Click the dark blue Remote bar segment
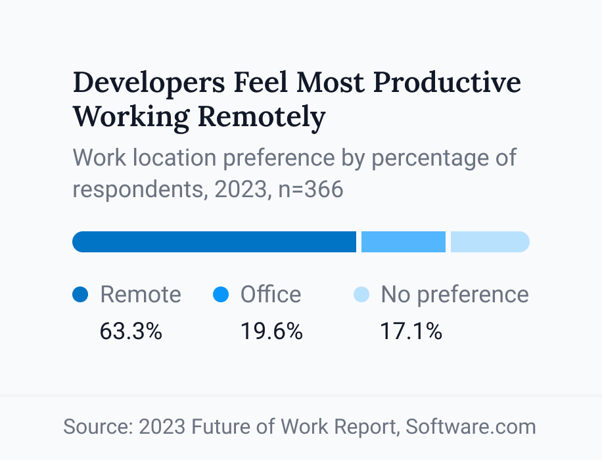coord(214,242)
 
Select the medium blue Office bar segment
coord(404,242)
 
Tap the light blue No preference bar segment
coord(490,242)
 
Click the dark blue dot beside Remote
coord(80,295)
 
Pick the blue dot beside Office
coord(221,295)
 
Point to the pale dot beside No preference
coord(361,295)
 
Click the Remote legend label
coord(140,294)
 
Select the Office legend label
coord(271,294)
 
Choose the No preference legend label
coord(455,294)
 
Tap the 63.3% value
coord(131,331)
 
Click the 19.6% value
coord(271,331)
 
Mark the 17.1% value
coord(411,331)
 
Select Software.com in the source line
coord(471,426)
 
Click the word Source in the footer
coord(98,426)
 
